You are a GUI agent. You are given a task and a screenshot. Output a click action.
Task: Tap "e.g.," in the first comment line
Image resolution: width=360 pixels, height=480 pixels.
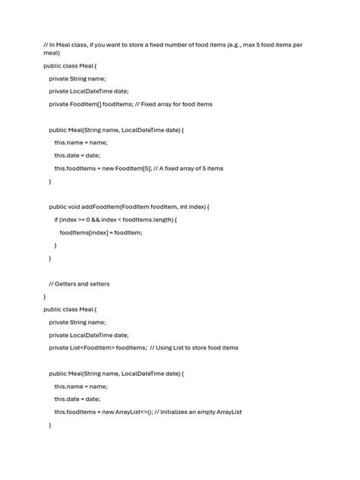242,45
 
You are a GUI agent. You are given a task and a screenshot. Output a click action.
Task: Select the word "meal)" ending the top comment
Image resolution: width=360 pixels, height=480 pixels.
51,54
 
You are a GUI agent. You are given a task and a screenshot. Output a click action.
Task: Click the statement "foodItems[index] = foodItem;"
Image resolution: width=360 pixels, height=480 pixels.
101,232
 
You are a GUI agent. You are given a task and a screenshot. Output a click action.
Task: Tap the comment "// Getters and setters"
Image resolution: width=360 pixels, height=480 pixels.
79,284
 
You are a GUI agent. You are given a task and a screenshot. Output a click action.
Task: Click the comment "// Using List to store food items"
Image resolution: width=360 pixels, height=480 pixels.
194,348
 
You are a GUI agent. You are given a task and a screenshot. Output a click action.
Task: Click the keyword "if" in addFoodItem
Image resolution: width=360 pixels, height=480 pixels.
56,219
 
